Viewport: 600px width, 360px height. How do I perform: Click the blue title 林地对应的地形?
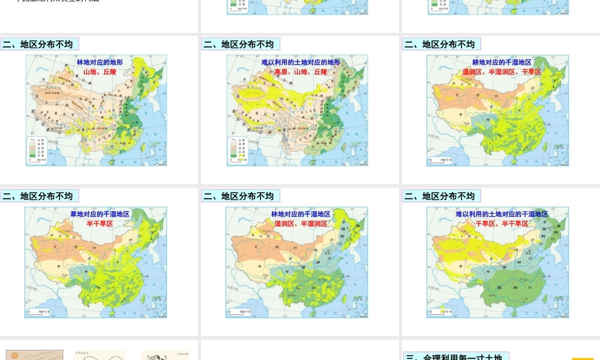point(100,62)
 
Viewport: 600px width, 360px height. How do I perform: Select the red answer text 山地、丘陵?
point(100,72)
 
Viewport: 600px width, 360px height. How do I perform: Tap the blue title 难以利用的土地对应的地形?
point(301,62)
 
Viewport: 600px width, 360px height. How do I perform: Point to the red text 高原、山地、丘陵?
point(301,72)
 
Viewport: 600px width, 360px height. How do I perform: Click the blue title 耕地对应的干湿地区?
point(502,62)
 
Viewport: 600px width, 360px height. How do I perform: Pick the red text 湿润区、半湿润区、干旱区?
point(502,72)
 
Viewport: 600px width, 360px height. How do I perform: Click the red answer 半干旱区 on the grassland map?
point(100,224)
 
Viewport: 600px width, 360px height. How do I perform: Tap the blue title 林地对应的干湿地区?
point(301,214)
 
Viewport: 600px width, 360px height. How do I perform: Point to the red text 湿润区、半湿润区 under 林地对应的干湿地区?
point(301,224)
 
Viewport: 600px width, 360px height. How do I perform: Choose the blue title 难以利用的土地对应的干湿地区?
point(502,214)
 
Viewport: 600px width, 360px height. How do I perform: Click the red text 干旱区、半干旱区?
point(502,224)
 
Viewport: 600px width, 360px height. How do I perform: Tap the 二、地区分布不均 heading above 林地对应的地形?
point(40,44)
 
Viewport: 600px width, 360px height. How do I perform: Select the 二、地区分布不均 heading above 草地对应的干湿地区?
point(40,196)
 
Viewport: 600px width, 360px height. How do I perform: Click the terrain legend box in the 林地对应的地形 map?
point(37,150)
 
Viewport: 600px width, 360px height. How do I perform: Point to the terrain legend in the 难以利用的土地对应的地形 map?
point(239,150)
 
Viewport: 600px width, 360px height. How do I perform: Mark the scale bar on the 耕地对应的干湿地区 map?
point(442,160)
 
